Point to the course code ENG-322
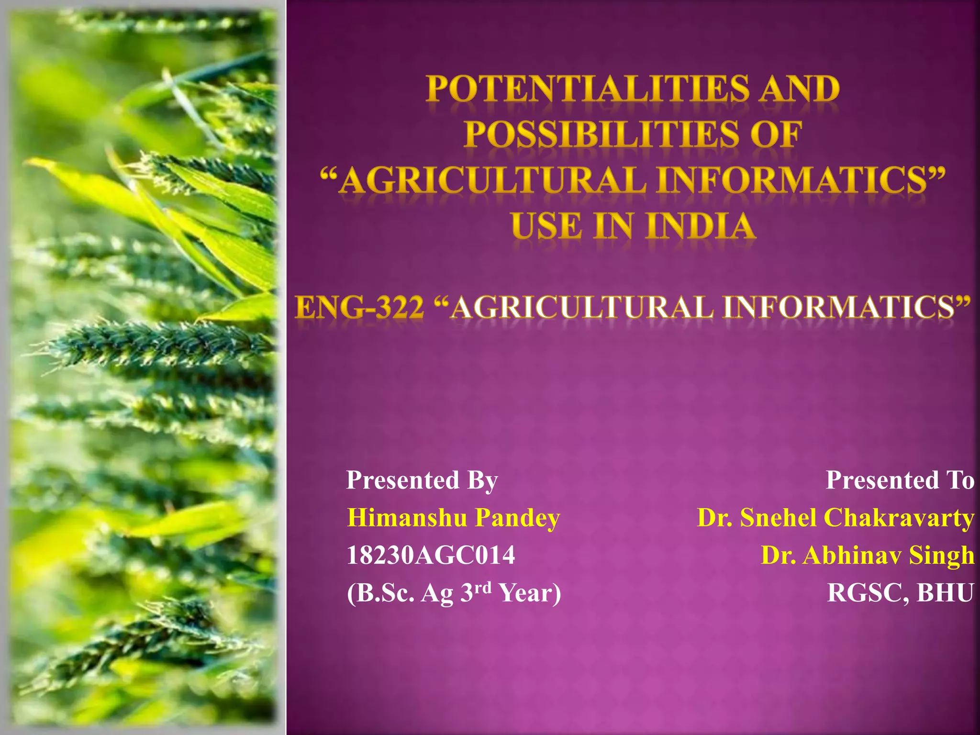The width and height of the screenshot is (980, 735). coord(359,307)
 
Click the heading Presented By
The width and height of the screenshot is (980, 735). coord(422,480)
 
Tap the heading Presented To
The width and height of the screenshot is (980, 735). coord(900,480)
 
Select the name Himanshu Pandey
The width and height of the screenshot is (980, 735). coord(453,518)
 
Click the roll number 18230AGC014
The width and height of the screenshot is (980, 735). coord(431,556)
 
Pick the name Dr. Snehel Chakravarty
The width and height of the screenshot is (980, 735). coord(835,518)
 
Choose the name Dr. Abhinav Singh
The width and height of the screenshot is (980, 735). coord(867,556)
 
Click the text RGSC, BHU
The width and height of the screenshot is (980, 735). coord(900,593)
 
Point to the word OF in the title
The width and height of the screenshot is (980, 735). coord(776,134)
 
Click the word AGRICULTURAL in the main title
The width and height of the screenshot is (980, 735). coord(493,181)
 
